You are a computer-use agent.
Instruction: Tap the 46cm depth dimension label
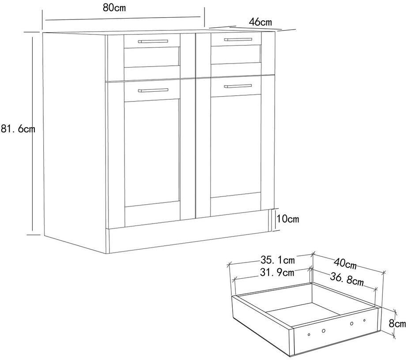point(260,21)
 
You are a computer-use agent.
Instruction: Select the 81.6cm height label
point(18,130)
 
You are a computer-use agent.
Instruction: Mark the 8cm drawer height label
point(397,323)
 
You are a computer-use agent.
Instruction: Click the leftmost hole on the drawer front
point(309,334)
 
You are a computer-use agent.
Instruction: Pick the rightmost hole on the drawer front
point(364,320)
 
